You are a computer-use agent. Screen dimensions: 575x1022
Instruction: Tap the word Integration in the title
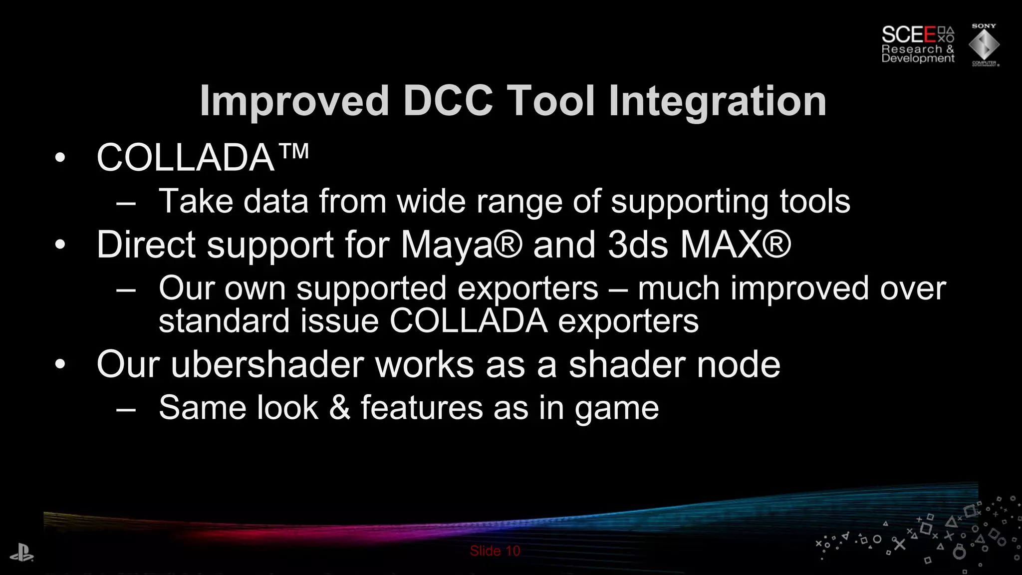pyautogui.click(x=717, y=101)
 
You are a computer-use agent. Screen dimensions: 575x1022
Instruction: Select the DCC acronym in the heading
pyautogui.click(x=448, y=101)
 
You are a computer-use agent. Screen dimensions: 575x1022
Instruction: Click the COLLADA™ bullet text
pyautogui.click(x=202, y=158)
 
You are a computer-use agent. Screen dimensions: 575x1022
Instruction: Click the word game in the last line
pyautogui.click(x=616, y=408)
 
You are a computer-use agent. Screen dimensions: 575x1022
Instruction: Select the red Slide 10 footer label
pyautogui.click(x=495, y=551)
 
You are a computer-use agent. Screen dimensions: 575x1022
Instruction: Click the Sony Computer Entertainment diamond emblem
pyautogui.click(x=984, y=45)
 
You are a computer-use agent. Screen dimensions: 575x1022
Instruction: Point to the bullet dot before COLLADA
pyautogui.click(x=60, y=158)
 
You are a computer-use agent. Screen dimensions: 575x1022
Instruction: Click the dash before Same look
pyautogui.click(x=126, y=409)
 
